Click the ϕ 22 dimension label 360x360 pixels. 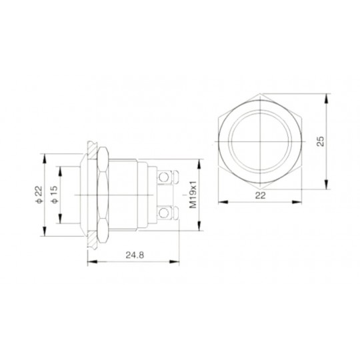coord(39,194)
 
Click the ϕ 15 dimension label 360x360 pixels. coord(54,194)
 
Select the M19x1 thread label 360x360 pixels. coord(193,195)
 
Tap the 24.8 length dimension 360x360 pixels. coord(135,255)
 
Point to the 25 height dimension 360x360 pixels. coord(320,141)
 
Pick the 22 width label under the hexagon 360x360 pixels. coord(261,195)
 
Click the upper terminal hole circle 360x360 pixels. coord(164,177)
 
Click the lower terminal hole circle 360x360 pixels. coord(164,213)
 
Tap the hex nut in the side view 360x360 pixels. coord(103,195)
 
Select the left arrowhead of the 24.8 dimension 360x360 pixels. coord(92,262)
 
